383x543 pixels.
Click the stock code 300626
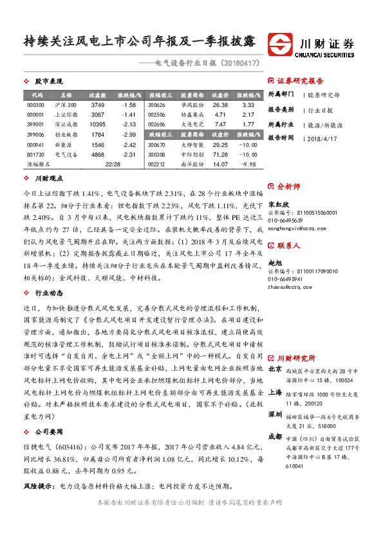(x=156, y=104)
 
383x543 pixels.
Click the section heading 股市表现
(x=48, y=81)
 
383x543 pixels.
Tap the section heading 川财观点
(x=48, y=177)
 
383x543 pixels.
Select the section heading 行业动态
(x=48, y=273)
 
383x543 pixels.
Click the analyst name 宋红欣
(x=278, y=203)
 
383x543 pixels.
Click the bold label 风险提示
(x=37, y=486)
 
